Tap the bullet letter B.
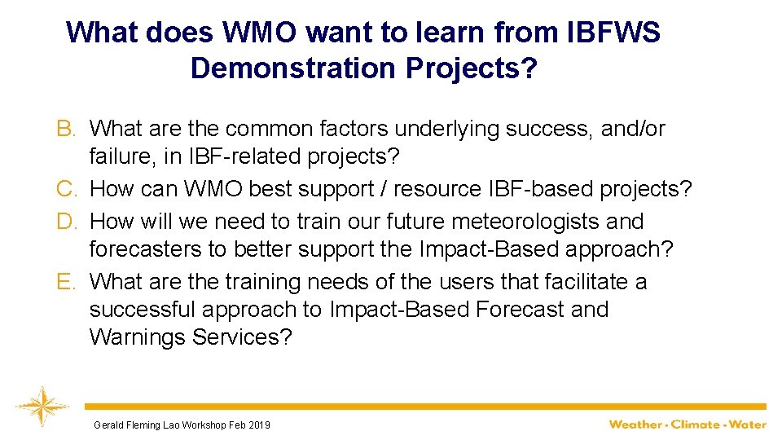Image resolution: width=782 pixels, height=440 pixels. click(x=66, y=129)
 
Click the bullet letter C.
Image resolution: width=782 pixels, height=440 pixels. click(x=66, y=190)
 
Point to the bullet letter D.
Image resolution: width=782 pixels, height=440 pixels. click(x=66, y=222)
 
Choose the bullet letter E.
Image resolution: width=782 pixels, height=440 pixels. click(x=66, y=282)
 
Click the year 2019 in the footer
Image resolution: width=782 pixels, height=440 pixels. click(x=258, y=425)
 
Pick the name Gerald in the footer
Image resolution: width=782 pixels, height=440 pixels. click(x=108, y=425)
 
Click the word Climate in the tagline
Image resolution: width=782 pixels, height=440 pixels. click(x=696, y=425)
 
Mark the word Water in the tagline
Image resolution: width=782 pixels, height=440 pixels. click(x=748, y=425)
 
